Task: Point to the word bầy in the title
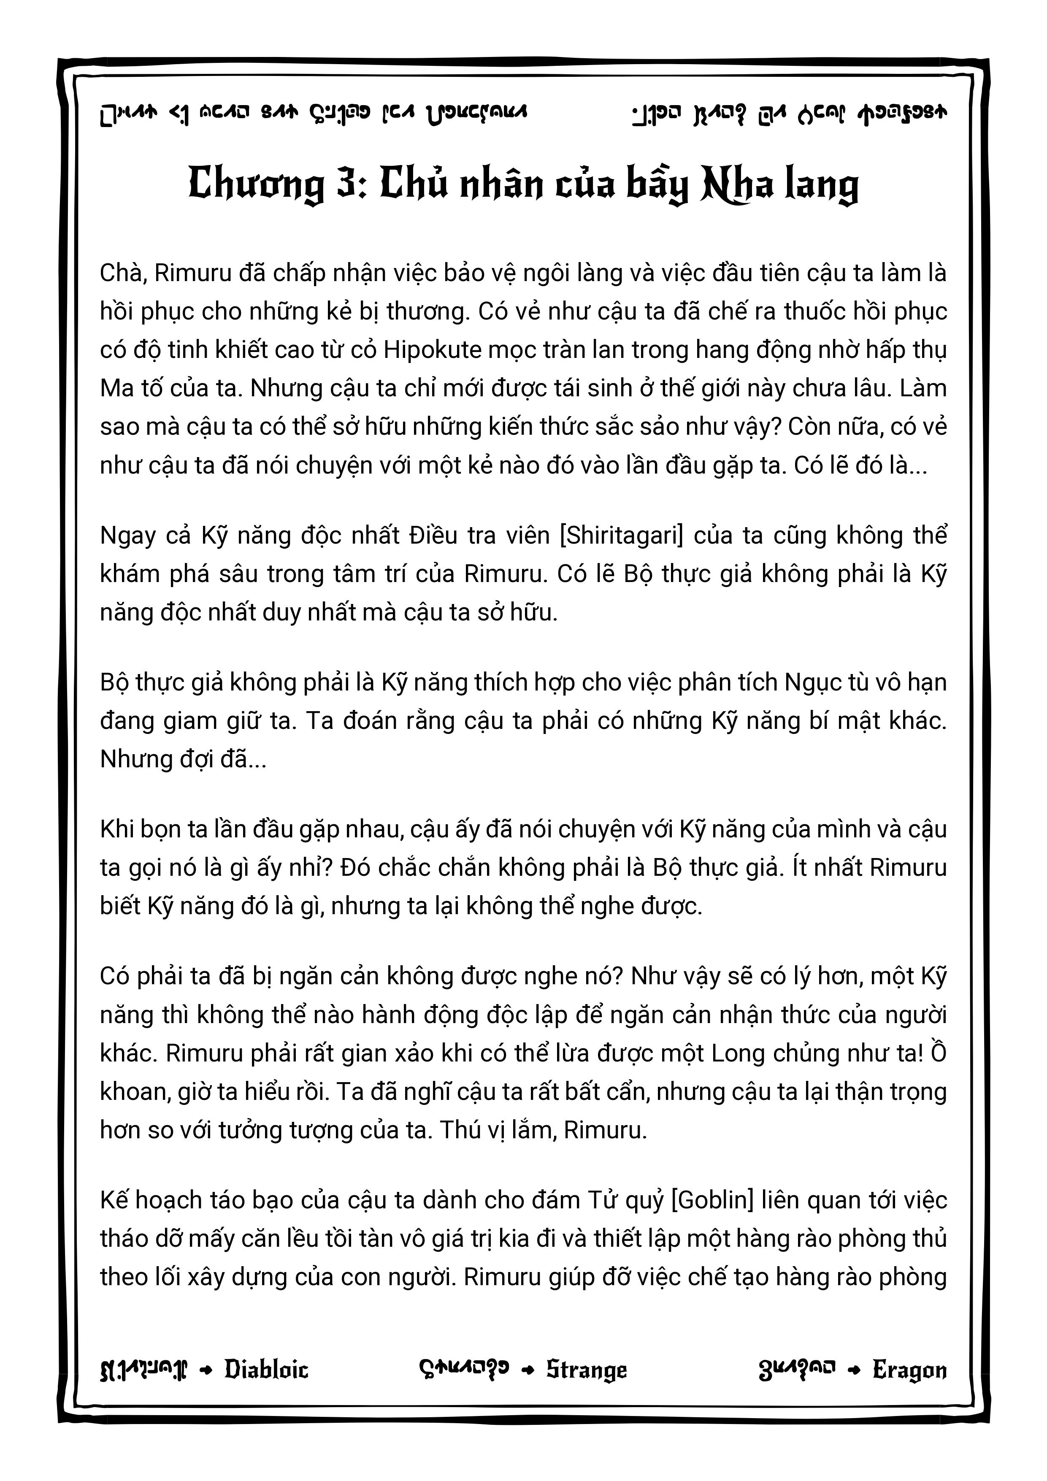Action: click(658, 185)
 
